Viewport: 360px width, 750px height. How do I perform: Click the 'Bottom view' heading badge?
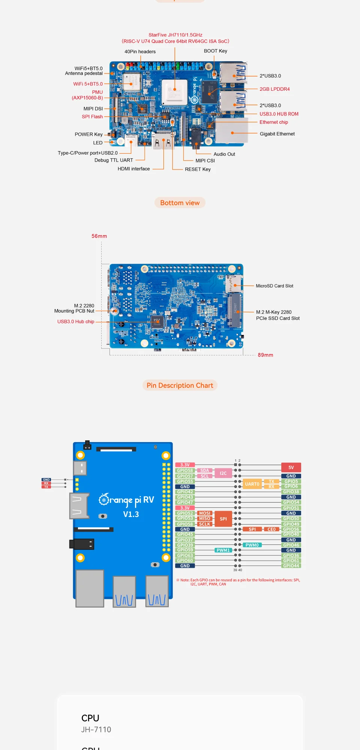point(180,203)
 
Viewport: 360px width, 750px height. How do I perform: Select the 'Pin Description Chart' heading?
point(180,385)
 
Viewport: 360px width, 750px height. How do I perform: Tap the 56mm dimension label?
point(99,236)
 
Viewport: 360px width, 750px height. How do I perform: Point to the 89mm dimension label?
point(265,355)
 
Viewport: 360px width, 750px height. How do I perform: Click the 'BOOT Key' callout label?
point(216,51)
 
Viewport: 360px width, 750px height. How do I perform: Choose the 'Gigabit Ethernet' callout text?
point(277,134)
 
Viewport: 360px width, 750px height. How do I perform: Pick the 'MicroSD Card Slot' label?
point(274,286)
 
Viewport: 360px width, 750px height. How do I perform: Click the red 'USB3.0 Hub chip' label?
point(76,322)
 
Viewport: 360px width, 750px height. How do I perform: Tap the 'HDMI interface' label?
point(133,169)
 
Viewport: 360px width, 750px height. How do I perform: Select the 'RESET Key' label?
point(198,169)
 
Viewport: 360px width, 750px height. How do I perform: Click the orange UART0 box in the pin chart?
point(252,484)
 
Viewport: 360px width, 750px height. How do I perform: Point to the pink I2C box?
point(223,473)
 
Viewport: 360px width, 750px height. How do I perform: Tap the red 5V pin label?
point(291,468)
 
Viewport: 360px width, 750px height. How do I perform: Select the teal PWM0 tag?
point(252,545)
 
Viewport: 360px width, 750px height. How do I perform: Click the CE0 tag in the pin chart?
point(271,529)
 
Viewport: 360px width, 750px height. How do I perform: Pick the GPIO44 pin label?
point(291,566)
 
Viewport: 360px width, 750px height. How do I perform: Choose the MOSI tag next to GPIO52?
point(205,513)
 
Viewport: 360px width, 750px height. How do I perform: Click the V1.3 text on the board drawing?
point(131,514)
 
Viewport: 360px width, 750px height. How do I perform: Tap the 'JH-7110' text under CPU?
point(96,730)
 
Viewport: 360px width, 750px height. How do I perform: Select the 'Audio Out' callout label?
point(224,154)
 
